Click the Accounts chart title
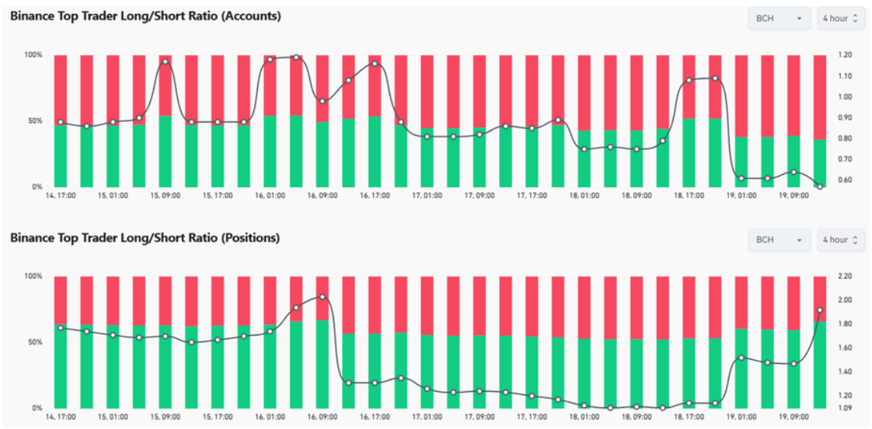point(145,16)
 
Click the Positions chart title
point(145,238)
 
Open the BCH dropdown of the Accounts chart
point(780,19)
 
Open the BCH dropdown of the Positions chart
point(780,240)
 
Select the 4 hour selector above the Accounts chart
point(841,19)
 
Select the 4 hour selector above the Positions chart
point(841,240)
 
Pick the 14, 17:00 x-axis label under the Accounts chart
point(61,196)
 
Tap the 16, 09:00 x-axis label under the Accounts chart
point(323,196)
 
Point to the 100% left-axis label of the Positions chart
point(33,276)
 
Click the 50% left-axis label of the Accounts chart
point(35,120)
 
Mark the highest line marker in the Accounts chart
point(296,58)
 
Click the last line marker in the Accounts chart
point(820,187)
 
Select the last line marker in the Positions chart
point(820,310)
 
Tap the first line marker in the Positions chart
point(61,328)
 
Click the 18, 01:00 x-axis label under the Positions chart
point(584,417)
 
